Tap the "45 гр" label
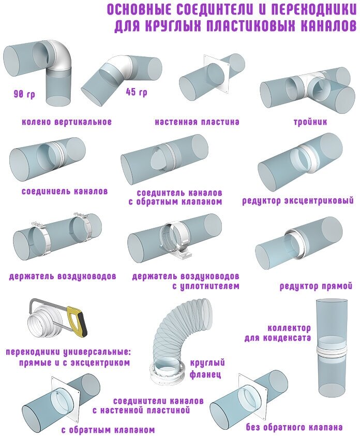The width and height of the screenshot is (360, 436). coord(136,92)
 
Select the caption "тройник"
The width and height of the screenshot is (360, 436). coord(310,122)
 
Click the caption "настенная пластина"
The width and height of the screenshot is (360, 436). coord(197,122)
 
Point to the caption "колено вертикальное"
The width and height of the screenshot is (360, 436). coord(67,122)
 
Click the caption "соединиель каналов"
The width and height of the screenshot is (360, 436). coord(65,191)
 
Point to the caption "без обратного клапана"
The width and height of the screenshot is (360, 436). coord(295,428)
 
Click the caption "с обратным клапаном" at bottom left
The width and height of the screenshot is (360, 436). coord(108,429)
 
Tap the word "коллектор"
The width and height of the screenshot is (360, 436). coord(289,328)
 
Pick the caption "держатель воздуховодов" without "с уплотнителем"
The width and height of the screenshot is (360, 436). coord(62,276)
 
